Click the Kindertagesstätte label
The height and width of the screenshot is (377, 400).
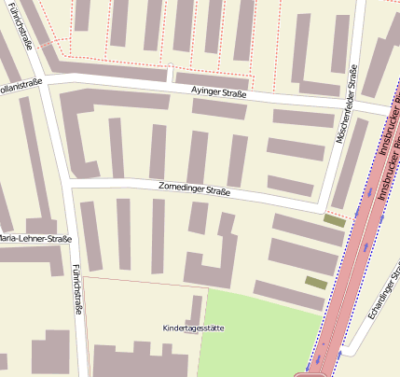click(193, 328)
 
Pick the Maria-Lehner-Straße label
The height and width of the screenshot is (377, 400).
click(35, 239)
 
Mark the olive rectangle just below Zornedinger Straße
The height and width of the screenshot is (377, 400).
click(334, 220)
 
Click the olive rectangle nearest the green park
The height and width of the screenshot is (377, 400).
click(316, 282)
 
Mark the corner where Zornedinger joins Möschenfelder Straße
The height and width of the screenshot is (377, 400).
click(322, 205)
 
